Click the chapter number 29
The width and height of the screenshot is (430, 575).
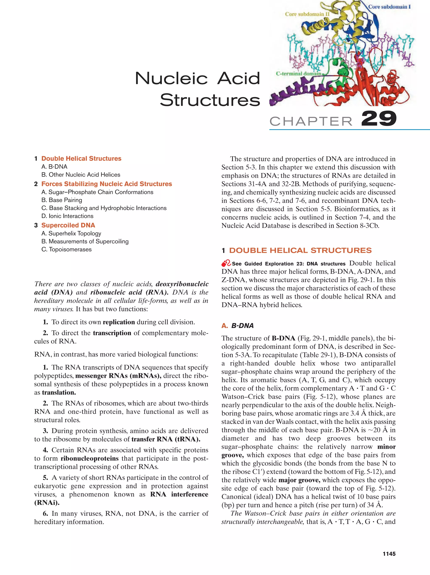379,119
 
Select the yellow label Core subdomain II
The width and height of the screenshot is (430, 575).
307,14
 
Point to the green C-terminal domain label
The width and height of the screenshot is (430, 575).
298,74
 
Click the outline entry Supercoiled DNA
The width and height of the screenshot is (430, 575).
68,225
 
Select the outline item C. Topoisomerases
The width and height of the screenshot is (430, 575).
67,249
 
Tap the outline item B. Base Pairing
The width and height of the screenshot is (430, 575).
62,200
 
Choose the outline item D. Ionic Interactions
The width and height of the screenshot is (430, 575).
67,216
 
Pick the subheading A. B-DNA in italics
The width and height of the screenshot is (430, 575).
237,326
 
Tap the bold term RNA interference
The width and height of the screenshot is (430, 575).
179,494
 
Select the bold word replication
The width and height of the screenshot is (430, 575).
119,322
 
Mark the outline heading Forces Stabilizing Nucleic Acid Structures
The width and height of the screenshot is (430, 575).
107,184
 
